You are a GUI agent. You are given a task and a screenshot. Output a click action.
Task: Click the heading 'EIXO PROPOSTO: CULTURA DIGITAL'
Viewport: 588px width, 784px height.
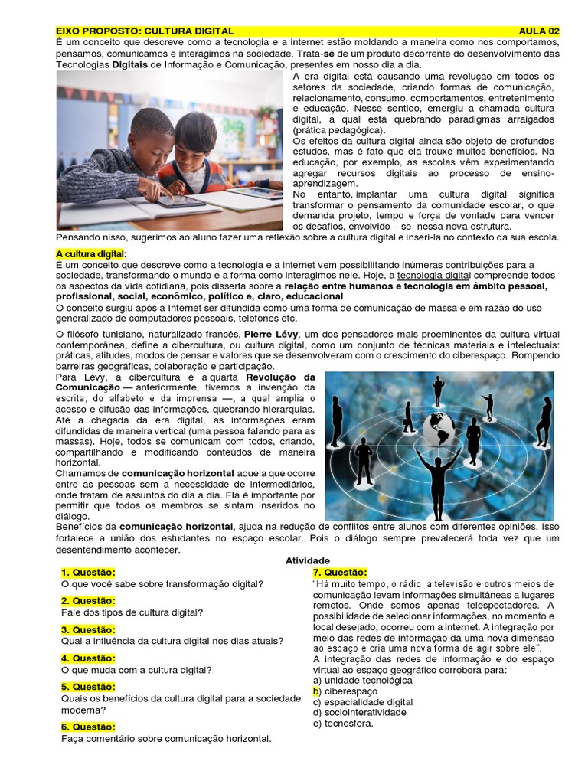145,31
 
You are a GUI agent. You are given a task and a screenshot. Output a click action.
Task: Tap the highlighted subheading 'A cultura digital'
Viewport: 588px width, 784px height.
90,253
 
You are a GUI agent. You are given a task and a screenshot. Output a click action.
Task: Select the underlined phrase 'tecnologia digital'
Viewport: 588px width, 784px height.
434,275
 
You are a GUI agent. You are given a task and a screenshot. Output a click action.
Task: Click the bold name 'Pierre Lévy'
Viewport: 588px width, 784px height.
272,335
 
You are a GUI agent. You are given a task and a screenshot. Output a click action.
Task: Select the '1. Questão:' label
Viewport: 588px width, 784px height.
88,573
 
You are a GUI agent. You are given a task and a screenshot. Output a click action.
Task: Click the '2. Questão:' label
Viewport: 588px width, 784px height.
88,601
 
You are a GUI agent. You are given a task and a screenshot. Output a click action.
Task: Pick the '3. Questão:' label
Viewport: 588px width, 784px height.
88,629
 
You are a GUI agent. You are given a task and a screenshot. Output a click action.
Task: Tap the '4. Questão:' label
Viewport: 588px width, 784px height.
88,658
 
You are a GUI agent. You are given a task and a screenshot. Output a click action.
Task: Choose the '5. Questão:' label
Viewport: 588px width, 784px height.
88,687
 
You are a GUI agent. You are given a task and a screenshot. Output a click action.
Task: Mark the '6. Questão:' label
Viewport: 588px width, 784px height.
88,727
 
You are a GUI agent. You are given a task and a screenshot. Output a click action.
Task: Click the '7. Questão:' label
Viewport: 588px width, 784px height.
339,573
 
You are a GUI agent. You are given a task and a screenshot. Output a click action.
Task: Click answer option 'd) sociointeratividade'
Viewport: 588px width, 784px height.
359,712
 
